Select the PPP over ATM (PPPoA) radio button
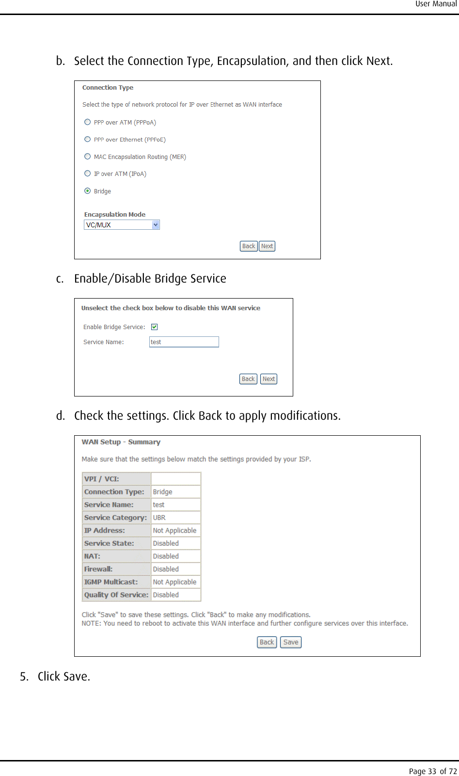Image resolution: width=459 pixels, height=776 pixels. [88, 122]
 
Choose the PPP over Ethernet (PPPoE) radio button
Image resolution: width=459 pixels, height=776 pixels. [88, 139]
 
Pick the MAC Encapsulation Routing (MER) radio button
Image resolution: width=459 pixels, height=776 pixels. [88, 157]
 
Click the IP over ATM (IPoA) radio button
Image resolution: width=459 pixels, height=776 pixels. [88, 174]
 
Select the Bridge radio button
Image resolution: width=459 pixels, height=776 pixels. [88, 191]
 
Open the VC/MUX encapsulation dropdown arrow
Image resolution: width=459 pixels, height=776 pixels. [156, 225]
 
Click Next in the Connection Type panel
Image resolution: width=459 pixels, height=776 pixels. [267, 246]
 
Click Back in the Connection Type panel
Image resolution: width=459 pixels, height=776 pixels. [249, 246]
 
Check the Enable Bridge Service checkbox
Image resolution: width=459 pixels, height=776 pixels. [155, 327]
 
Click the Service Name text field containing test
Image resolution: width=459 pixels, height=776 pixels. [184, 342]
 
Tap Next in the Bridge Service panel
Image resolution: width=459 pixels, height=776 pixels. [269, 379]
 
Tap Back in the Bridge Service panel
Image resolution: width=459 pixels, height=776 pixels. [248, 379]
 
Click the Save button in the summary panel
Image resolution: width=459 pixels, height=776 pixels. [291, 642]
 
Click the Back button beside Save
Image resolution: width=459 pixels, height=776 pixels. [267, 642]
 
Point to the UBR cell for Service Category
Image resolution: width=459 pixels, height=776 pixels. [159, 518]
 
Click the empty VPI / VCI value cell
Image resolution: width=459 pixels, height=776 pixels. [175, 479]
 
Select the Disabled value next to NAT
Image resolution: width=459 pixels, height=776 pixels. [166, 556]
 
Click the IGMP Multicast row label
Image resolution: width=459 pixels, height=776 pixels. [111, 582]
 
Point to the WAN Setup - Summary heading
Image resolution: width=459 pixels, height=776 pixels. [121, 442]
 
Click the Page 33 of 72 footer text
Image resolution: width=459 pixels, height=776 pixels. [432, 771]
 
